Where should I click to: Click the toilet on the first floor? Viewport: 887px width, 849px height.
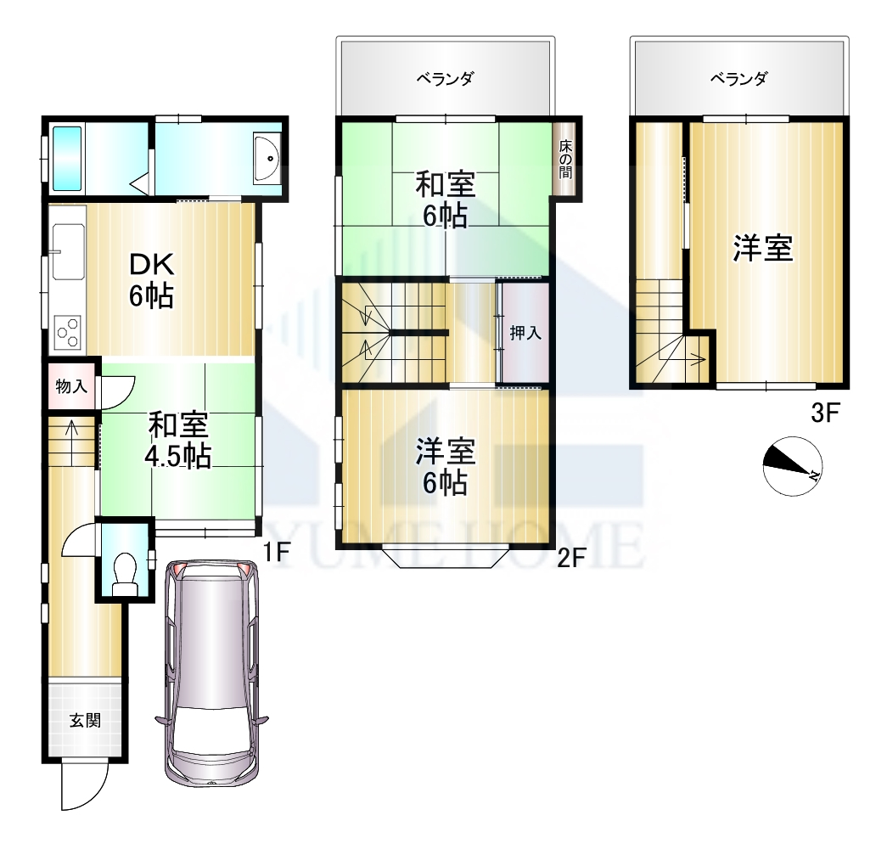pyautogui.click(x=125, y=574)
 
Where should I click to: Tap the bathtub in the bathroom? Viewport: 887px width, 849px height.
pyautogui.click(x=67, y=158)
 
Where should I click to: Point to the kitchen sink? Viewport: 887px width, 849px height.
pyautogui.click(x=68, y=251)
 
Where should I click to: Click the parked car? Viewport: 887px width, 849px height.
pyautogui.click(x=212, y=673)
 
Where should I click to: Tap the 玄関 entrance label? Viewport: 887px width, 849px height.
pyautogui.click(x=86, y=721)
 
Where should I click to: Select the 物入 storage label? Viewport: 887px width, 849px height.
pyautogui.click(x=71, y=386)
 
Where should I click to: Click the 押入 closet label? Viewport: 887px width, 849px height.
pyautogui.click(x=525, y=334)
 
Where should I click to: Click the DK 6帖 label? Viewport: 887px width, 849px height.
pyautogui.click(x=151, y=279)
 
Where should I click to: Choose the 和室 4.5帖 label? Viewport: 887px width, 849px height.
pyautogui.click(x=179, y=441)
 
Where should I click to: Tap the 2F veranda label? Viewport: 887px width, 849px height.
pyautogui.click(x=445, y=78)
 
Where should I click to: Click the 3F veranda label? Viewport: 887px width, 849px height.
pyautogui.click(x=738, y=78)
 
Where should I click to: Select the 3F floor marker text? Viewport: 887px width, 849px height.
pyautogui.click(x=823, y=413)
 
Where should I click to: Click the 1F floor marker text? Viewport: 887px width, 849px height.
pyautogui.click(x=277, y=552)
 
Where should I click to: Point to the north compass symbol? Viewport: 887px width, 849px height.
pyautogui.click(x=792, y=466)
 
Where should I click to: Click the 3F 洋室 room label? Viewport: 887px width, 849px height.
pyautogui.click(x=763, y=248)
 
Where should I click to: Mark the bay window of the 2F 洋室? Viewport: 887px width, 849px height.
pyautogui.click(x=445, y=557)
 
